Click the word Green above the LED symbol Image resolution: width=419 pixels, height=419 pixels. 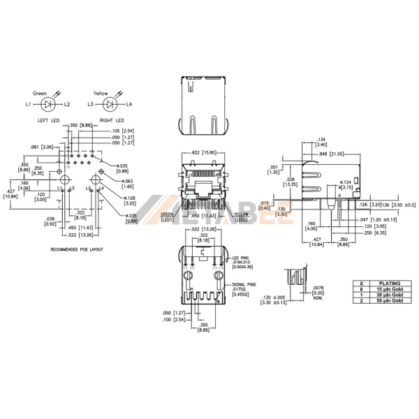[x=41, y=93]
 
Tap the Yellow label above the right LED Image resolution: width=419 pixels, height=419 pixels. [x=102, y=93]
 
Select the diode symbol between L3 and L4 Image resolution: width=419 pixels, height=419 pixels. [x=110, y=105]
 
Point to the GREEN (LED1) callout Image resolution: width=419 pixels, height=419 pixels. [x=168, y=217]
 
